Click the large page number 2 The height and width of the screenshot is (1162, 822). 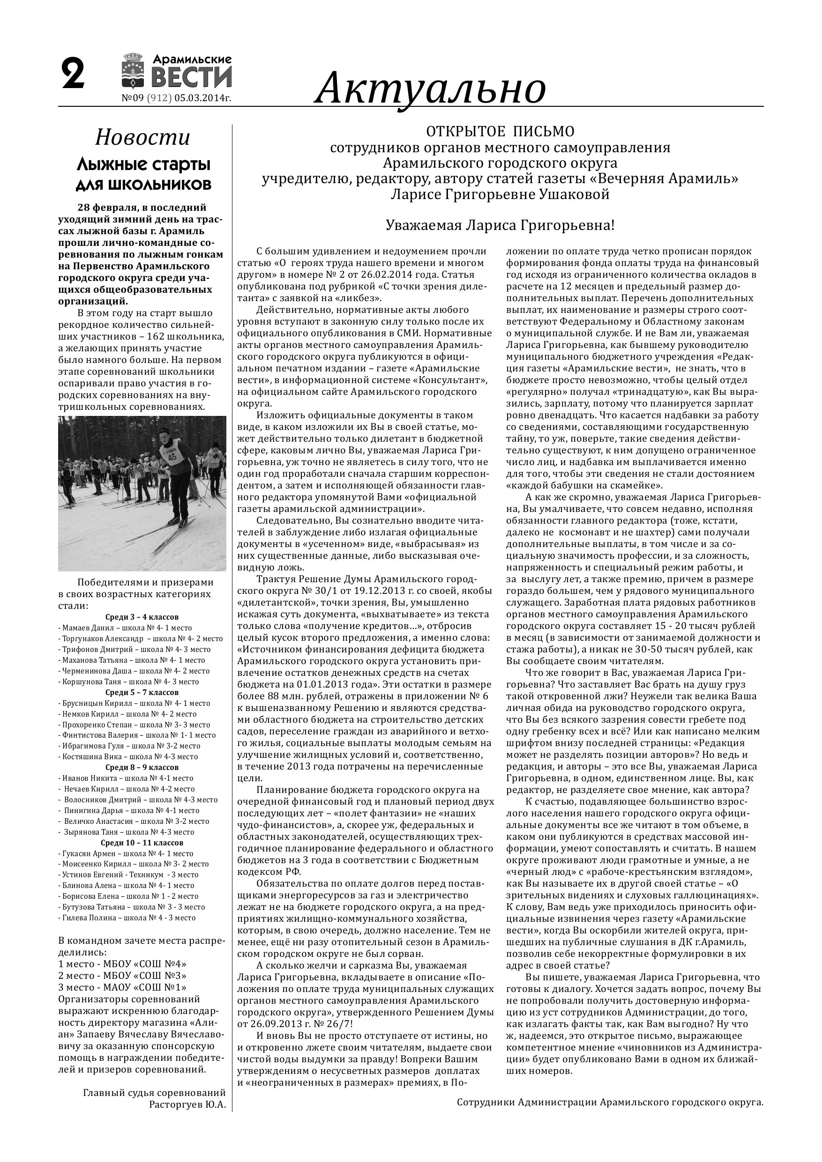click(73, 74)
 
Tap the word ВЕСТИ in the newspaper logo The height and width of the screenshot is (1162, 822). click(192, 77)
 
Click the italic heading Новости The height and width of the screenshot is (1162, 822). click(143, 138)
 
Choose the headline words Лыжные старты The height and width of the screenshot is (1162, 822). click(143, 164)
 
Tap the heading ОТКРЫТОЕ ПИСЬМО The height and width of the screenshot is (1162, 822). click(500, 132)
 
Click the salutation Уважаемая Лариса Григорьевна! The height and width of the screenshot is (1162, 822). click(500, 225)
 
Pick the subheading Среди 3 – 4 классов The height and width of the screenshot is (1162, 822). click(142, 617)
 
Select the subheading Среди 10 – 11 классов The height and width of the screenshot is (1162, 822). click(142, 843)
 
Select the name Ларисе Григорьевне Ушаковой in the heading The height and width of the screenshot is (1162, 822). click(500, 194)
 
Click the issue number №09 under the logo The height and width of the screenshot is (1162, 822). click(133, 98)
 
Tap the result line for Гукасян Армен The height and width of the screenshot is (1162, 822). click(126, 853)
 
